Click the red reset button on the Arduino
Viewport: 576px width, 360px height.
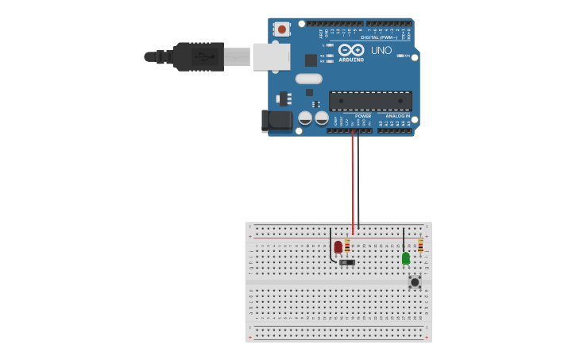point(281,29)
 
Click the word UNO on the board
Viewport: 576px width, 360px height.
point(381,51)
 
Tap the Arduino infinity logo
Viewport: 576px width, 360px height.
point(350,49)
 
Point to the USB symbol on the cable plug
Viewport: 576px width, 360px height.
point(203,57)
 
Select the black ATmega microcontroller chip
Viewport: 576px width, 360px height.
point(370,101)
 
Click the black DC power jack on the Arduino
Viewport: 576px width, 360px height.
point(277,121)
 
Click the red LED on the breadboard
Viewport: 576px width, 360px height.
point(338,247)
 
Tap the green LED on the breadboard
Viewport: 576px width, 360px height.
point(406,258)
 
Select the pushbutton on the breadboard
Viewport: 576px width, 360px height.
point(414,281)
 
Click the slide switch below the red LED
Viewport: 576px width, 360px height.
point(347,262)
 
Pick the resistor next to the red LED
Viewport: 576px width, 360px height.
point(347,246)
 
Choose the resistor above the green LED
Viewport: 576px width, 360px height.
point(420,245)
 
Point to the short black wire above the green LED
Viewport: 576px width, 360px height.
point(404,238)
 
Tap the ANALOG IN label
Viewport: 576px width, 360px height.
point(398,116)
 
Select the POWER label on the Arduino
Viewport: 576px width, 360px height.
point(363,116)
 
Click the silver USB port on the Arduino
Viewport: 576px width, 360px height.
point(271,57)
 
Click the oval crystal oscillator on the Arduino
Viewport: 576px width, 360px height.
point(308,79)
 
